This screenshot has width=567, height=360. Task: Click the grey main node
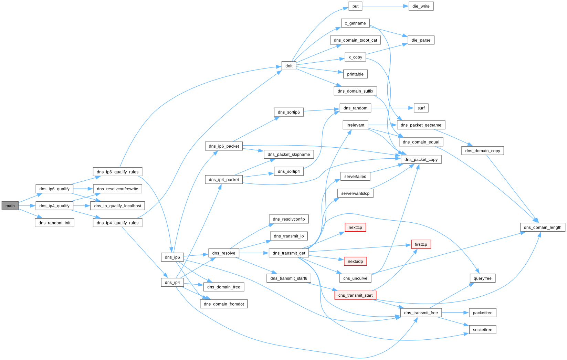pos(10,206)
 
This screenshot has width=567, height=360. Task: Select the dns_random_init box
pos(54,223)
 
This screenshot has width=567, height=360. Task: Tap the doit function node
pos(289,66)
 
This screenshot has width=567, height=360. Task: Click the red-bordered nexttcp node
pos(355,227)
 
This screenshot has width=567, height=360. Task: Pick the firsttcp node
pos(421,244)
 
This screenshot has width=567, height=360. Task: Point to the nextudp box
pos(355,261)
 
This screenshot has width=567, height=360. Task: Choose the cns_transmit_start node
pos(355,295)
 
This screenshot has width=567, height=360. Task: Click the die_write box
pos(421,6)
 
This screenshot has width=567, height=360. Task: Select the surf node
pos(421,108)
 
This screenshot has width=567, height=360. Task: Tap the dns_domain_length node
pos(543,227)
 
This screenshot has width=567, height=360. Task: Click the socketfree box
pos(483,330)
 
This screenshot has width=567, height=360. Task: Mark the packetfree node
pos(483,313)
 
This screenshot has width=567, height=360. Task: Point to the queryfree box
pos(483,278)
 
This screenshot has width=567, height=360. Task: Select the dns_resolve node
pos(224,253)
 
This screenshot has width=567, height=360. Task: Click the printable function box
pos(355,74)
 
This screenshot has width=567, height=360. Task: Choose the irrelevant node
pos(355,125)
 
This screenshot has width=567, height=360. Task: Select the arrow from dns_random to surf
pos(392,108)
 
